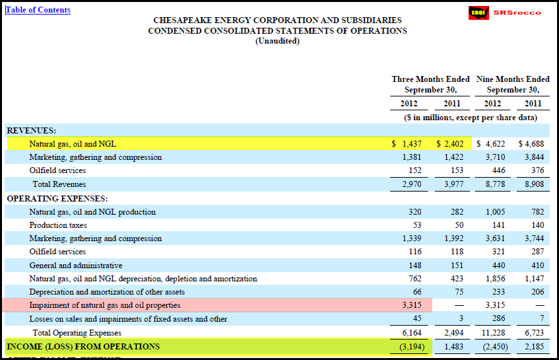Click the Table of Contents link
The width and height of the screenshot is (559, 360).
tap(38, 10)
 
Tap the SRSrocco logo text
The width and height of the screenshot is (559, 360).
tap(517, 13)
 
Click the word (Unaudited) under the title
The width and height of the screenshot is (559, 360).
tap(277, 41)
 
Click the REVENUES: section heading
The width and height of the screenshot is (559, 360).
tap(32, 131)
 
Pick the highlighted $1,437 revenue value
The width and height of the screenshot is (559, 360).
tap(407, 144)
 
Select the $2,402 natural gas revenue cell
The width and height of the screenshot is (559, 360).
tap(450, 144)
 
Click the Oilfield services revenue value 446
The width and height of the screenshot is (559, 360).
tap(498, 170)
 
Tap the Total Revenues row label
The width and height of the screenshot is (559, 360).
tap(59, 184)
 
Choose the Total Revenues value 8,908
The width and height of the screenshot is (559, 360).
tap(535, 184)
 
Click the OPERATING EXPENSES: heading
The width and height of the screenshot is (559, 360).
tap(57, 199)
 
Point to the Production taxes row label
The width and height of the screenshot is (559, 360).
tap(58, 225)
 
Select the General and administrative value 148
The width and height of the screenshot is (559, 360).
tap(415, 266)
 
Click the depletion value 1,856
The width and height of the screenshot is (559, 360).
tap(495, 279)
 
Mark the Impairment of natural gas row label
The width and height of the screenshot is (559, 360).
tap(105, 305)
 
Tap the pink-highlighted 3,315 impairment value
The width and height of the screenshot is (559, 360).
tap(412, 305)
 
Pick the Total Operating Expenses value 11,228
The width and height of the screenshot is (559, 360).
tap(494, 333)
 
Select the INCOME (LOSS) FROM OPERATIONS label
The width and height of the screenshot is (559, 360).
tap(83, 347)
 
